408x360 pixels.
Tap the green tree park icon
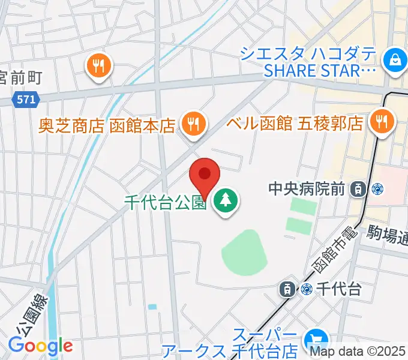coord(226,202)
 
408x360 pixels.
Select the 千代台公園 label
coord(166,202)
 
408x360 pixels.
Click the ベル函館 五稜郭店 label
coord(295,124)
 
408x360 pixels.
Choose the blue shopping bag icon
coord(395,60)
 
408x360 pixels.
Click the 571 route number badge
coord(26,100)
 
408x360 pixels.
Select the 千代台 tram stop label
coord(340,289)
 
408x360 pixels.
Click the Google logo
coord(40,346)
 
